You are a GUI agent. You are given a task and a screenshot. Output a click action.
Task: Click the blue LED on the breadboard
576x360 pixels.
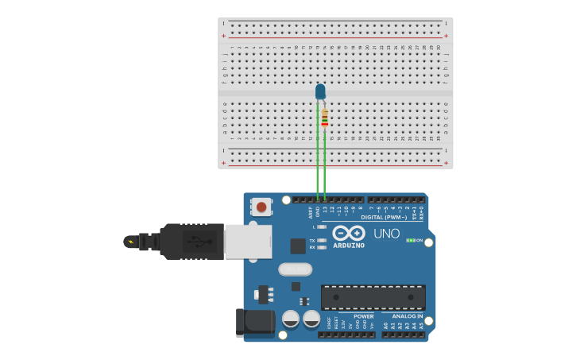(320, 92)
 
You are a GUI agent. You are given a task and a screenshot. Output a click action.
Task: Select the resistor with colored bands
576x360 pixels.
(325, 118)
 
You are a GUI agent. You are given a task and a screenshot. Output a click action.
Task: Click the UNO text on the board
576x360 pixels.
(387, 234)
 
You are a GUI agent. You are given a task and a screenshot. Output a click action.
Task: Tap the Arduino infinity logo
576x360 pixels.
(349, 233)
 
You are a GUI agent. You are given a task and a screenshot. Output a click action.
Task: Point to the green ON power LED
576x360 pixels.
(411, 240)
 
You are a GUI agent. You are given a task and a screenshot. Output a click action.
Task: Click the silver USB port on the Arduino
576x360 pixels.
(247, 241)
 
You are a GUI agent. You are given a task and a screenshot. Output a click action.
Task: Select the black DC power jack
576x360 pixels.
(254, 323)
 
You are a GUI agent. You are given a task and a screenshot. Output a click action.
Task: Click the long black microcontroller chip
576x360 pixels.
(373, 297)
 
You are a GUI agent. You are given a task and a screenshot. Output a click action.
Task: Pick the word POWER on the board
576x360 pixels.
(364, 315)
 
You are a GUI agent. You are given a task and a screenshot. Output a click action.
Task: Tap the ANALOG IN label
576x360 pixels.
(408, 315)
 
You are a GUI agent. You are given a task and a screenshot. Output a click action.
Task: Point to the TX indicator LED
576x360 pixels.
(322, 240)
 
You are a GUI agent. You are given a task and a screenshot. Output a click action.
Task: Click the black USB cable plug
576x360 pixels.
(191, 241)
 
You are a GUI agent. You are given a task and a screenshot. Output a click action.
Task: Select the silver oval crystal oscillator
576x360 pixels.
(295, 269)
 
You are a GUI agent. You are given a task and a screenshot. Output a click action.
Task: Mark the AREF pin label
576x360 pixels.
(311, 212)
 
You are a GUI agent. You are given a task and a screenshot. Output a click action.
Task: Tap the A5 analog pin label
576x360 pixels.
(422, 326)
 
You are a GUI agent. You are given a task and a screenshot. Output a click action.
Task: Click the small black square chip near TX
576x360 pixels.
(298, 246)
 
